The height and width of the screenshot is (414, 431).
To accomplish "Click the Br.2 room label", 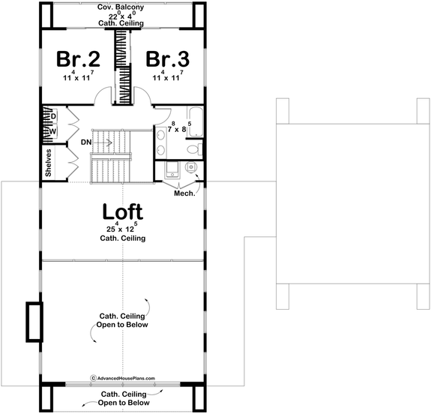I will point(76,59).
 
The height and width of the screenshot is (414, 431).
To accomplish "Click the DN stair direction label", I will point(86,141).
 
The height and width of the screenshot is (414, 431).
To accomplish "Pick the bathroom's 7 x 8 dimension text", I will point(177,129).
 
